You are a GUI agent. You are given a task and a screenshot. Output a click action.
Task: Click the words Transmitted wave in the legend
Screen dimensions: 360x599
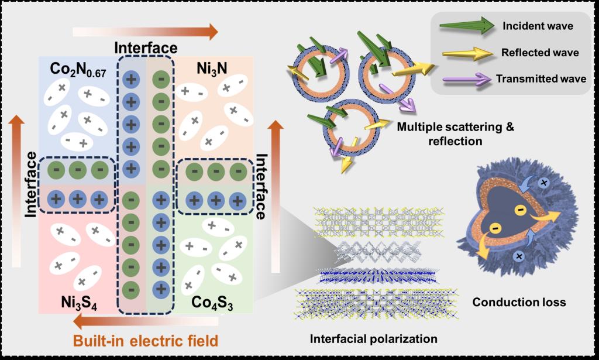tap(537, 78)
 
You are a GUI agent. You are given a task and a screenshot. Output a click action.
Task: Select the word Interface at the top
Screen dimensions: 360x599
tap(145, 47)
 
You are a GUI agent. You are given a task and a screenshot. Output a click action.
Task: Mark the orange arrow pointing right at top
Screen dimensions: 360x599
tap(146, 30)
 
